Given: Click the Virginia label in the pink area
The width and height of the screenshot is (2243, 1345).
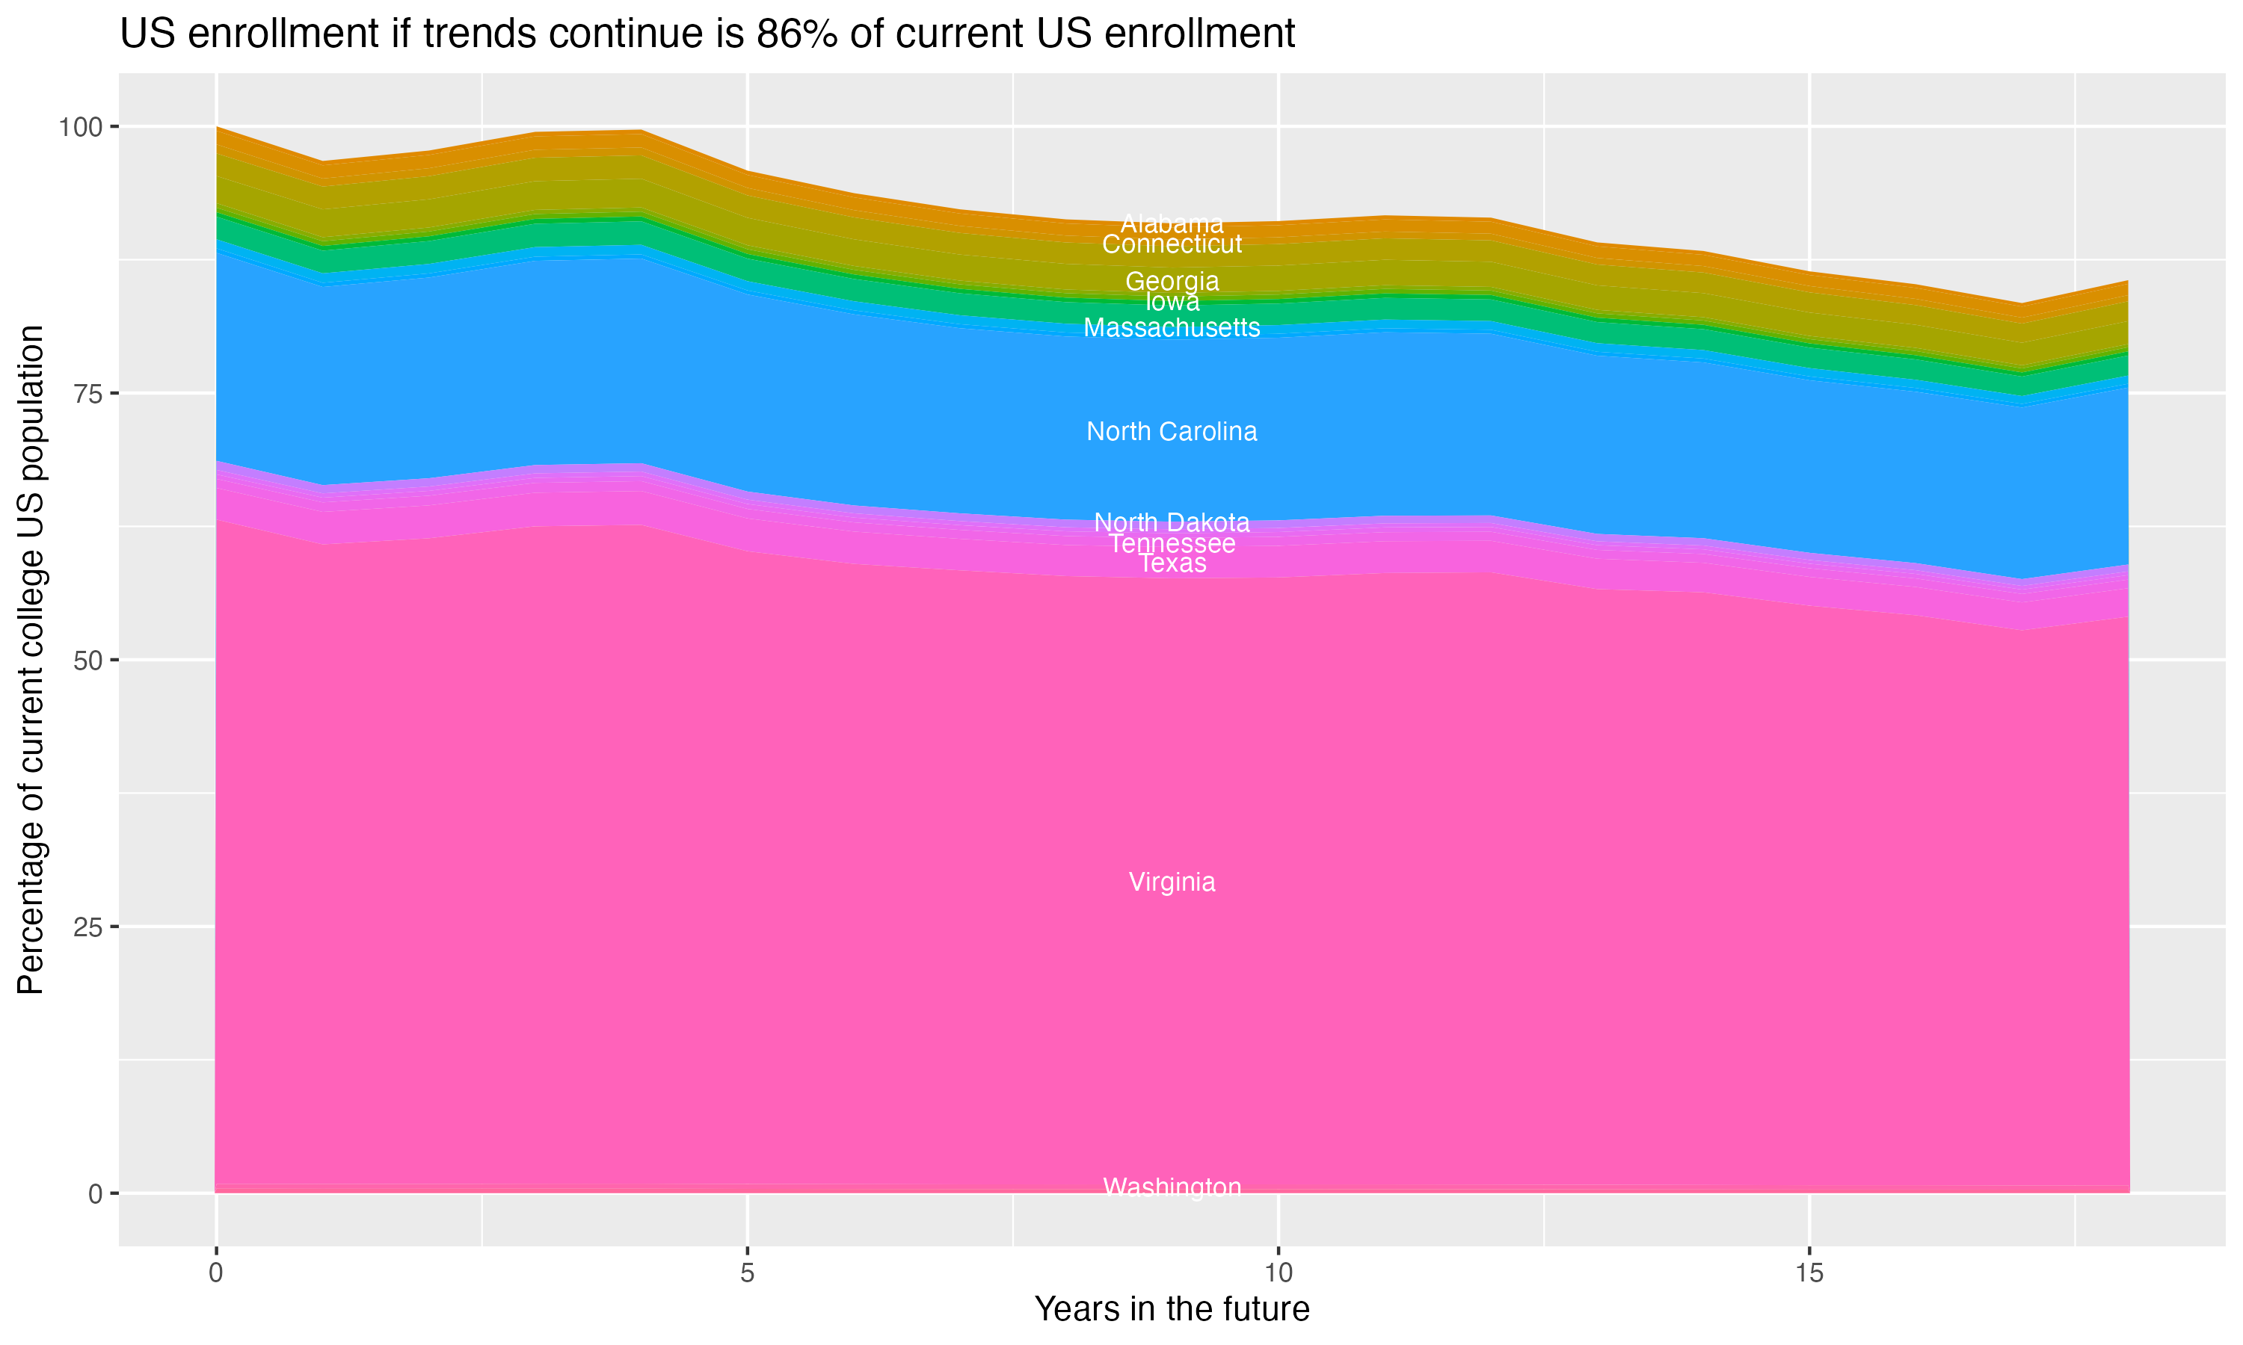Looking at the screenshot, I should tap(1172, 882).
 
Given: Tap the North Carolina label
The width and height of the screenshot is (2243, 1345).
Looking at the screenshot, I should tap(1172, 431).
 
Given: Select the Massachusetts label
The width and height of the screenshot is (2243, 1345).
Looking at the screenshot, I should tap(1172, 328).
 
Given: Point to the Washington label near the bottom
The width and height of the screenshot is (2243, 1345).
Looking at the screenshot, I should tap(1172, 1187).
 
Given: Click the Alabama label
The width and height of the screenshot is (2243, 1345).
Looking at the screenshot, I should tap(1172, 223).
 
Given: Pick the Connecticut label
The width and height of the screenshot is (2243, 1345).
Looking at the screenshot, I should tap(1172, 244).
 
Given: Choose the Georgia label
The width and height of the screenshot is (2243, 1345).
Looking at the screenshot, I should tap(1172, 281).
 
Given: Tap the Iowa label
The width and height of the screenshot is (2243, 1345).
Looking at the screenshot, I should tap(1172, 301).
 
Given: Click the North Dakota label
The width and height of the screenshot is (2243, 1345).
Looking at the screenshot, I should tap(1172, 522).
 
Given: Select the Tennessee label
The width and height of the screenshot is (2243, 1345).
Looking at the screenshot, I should tap(1172, 544).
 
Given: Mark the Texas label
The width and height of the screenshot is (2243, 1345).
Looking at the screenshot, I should tap(1172, 563).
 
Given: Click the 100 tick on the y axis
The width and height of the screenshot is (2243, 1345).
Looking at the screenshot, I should tap(80, 127).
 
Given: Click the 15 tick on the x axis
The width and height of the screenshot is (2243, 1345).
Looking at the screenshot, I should tap(1809, 1273).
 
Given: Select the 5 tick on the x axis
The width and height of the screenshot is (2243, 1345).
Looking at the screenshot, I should tap(747, 1273).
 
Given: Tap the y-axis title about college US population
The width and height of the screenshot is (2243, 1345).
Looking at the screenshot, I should tap(31, 660).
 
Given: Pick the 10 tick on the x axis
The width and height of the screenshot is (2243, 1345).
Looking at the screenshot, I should tap(1278, 1273).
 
